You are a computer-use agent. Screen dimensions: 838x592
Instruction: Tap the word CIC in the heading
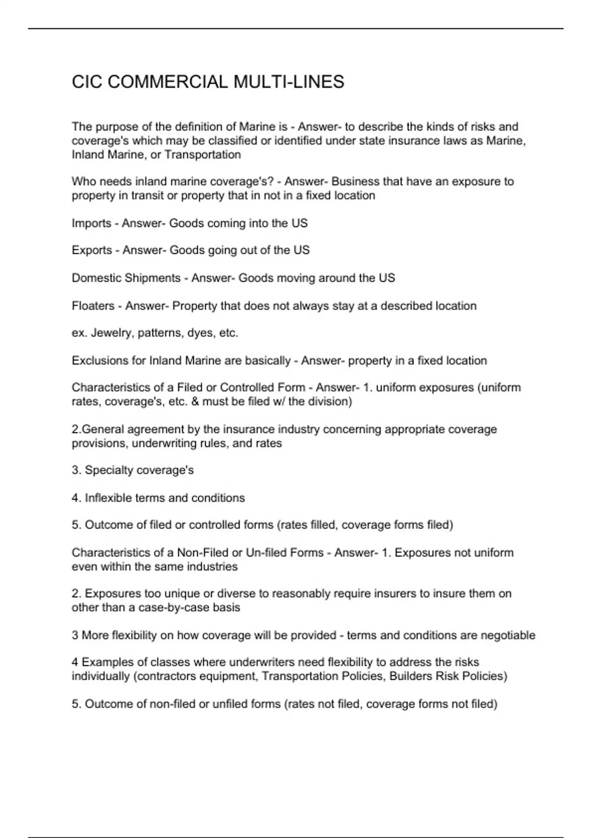[x=87, y=82]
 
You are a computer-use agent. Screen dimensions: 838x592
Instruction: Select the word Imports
[x=91, y=223]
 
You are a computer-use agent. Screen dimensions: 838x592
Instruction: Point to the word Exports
[x=92, y=250]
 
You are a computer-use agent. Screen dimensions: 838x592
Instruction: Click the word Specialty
[x=109, y=470]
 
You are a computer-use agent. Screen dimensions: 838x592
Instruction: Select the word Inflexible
[x=108, y=498]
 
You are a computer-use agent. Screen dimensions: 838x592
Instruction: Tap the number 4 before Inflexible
[x=75, y=498]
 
